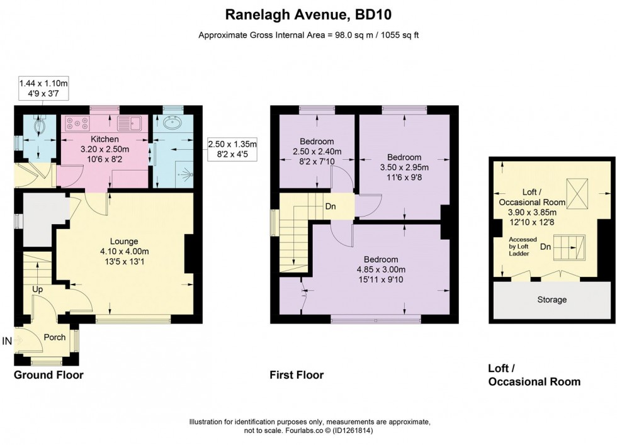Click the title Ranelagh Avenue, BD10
click(308, 13)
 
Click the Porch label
click(55, 337)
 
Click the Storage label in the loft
click(551, 300)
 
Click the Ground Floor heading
click(48, 375)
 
